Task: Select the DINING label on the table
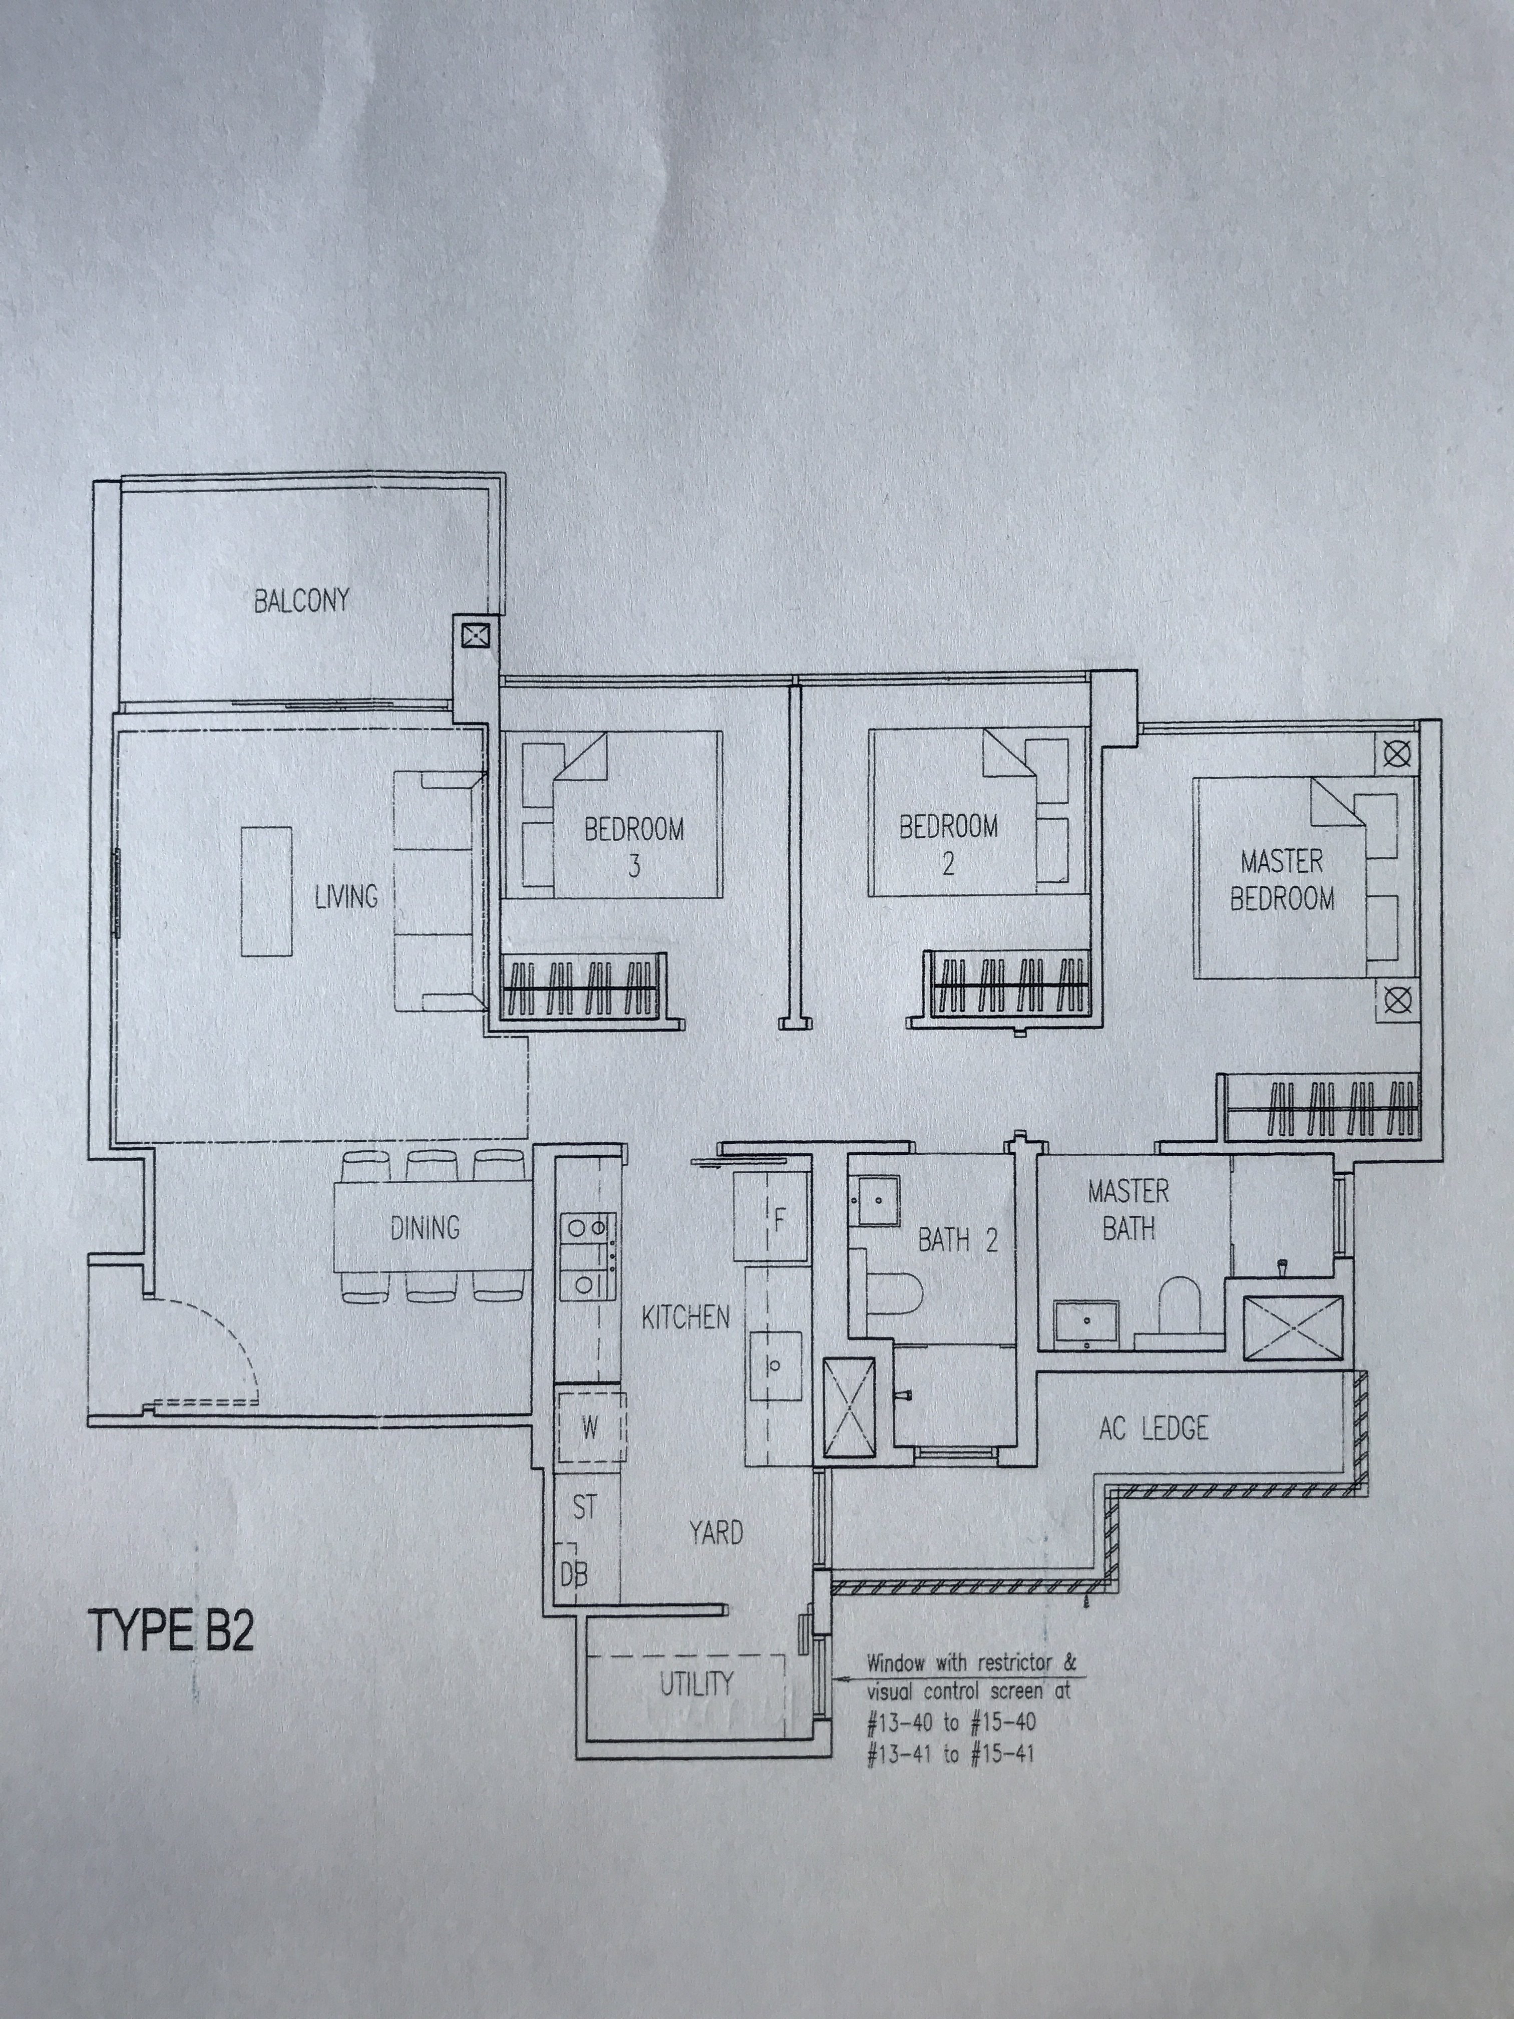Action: click(x=425, y=1228)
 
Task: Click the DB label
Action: click(x=573, y=1573)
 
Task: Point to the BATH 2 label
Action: click(x=957, y=1239)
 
